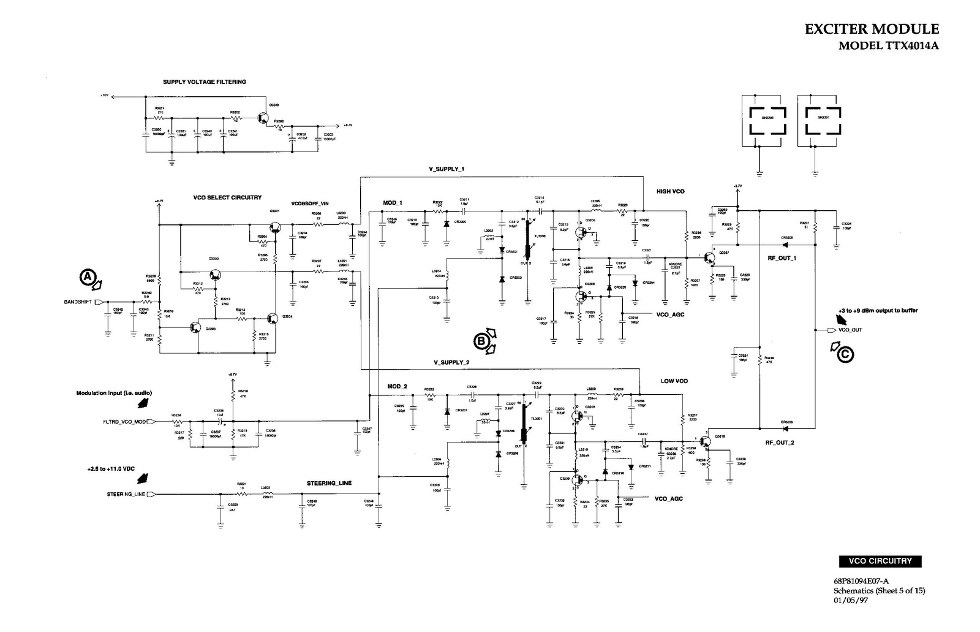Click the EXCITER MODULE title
[871, 29]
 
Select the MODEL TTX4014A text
[888, 46]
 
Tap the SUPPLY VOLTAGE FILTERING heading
[205, 82]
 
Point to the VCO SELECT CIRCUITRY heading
[227, 197]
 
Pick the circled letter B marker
[481, 339]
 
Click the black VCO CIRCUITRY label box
[880, 561]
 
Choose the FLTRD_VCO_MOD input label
[125, 422]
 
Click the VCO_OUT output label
[850, 330]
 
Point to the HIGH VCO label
[670, 191]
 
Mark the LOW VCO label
[674, 381]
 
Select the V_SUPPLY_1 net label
[447, 169]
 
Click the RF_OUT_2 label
[779, 443]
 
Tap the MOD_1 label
[393, 203]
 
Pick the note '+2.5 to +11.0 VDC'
[111, 469]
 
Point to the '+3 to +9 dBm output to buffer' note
[878, 311]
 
